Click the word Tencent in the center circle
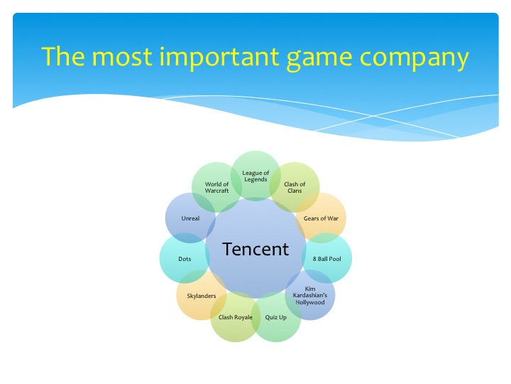coord(255,249)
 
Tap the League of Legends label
coord(255,176)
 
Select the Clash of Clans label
coord(295,188)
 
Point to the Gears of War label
coord(321,218)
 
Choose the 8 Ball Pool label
coord(326,259)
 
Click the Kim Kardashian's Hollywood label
coord(309,295)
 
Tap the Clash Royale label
coord(236,317)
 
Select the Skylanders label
coord(202,295)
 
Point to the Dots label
coord(185,259)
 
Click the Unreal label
coord(190,218)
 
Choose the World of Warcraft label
coord(217,188)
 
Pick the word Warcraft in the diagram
coord(217,191)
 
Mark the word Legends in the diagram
coord(255,179)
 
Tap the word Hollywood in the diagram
coord(309,302)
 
